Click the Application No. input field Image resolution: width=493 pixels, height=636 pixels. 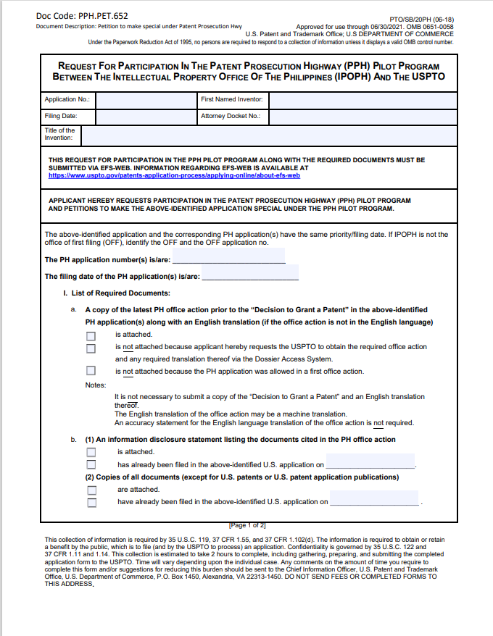coord(146,99)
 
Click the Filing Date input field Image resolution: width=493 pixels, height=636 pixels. coord(146,116)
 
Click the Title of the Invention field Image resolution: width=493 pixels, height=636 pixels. coord(269,135)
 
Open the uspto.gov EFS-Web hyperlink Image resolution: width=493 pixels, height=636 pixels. coord(174,175)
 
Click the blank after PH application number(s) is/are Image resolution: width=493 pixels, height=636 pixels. coord(229,259)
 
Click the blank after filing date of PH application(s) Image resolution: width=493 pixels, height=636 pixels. coord(250,276)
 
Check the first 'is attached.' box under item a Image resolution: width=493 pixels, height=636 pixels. coord(91,335)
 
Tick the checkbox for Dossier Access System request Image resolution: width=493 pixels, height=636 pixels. coord(91,348)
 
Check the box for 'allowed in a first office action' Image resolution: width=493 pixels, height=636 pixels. coord(91,372)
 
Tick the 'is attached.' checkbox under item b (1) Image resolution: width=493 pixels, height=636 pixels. coord(91,452)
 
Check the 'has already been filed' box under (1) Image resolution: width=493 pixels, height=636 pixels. coord(91,464)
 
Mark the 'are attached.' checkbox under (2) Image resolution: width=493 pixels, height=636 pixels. coord(91,490)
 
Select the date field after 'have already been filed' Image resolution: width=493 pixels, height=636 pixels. coord(375,501)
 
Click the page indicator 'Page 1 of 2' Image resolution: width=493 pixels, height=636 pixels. coord(247,524)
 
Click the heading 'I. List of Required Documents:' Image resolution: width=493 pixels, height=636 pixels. coord(117,293)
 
